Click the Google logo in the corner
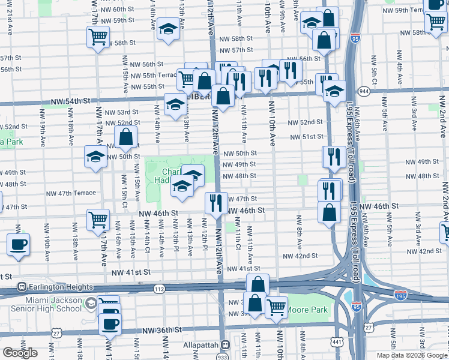pyautogui.click(x=20, y=353)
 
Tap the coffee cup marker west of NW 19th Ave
pyautogui.click(x=18, y=245)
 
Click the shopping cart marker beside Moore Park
pyautogui.click(x=276, y=307)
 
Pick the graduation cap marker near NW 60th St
pyautogui.click(x=169, y=29)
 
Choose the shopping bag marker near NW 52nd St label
pyautogui.click(x=126, y=139)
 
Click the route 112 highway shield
pyautogui.click(x=158, y=289)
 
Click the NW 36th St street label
pyautogui.click(x=160, y=331)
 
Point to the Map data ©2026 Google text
pyautogui.click(x=411, y=355)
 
